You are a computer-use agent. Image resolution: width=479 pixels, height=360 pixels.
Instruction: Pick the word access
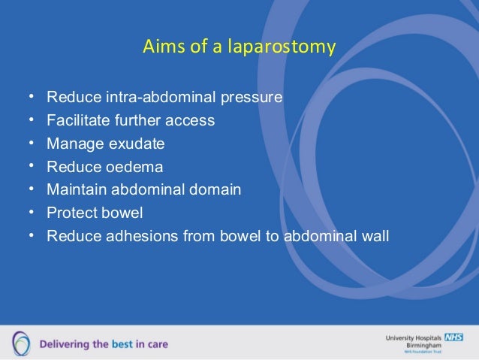click(191, 120)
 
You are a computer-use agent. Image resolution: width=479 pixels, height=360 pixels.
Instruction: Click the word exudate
click(137, 143)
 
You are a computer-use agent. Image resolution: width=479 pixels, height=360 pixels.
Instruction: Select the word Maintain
click(74, 189)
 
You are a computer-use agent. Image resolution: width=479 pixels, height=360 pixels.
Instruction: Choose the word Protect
click(71, 213)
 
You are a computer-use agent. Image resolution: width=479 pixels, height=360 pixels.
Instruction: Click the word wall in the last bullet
click(375, 236)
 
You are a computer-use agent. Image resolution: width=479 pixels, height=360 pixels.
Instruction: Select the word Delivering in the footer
click(59, 344)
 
